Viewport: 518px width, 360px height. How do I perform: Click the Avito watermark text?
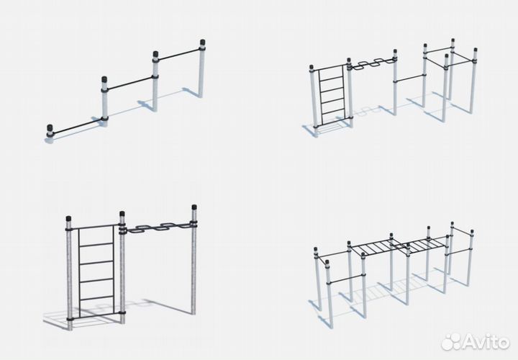pyautogui.click(x=485, y=342)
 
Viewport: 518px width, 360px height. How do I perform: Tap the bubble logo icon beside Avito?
pyautogui.click(x=450, y=342)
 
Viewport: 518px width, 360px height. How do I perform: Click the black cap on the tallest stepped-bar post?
pyautogui.click(x=202, y=43)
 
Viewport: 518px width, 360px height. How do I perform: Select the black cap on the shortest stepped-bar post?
pyautogui.click(x=50, y=127)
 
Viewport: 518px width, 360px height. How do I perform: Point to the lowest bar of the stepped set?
pyautogui.click(x=77, y=127)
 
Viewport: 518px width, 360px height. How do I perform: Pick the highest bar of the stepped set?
pyautogui.click(x=178, y=55)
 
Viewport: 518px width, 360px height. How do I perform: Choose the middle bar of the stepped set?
pyautogui.click(x=130, y=83)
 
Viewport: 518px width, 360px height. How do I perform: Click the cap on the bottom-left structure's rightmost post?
pyautogui.click(x=194, y=207)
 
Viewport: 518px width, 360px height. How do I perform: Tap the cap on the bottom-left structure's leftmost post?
pyautogui.click(x=68, y=218)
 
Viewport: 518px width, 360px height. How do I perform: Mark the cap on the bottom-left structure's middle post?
pyautogui.click(x=122, y=214)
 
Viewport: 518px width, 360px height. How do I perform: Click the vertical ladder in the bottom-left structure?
pyautogui.click(x=96, y=271)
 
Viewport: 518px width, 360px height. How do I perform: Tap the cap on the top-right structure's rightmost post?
pyautogui.click(x=476, y=50)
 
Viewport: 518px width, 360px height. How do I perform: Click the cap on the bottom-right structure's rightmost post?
pyautogui.click(x=472, y=231)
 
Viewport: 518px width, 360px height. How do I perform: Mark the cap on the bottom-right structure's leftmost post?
pyautogui.click(x=316, y=249)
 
